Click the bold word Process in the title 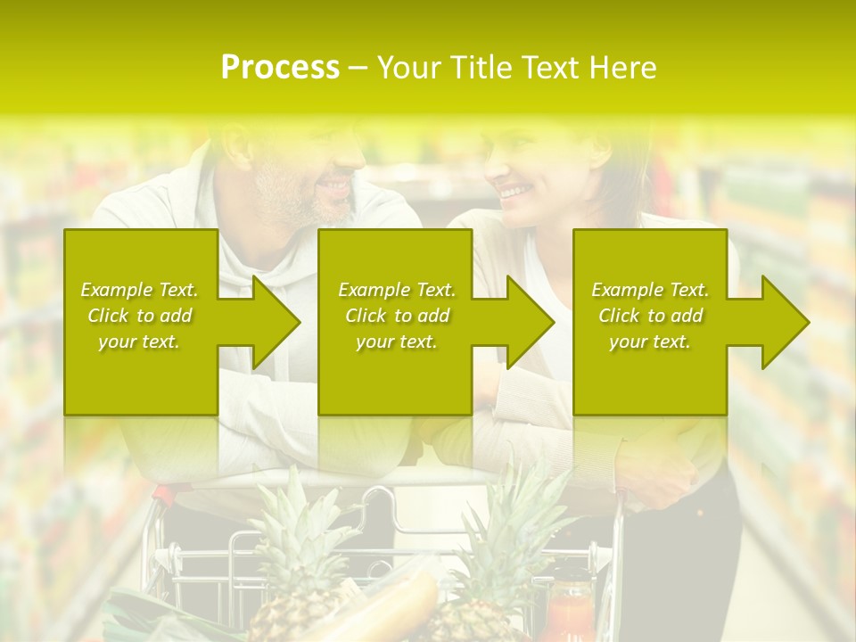[x=280, y=68]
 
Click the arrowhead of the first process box [x=272, y=322]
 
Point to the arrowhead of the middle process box [x=527, y=322]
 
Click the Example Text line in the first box [x=140, y=290]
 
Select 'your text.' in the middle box [x=396, y=342]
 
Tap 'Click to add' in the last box [x=650, y=316]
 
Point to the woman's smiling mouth [x=511, y=190]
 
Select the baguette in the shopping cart [x=392, y=606]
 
